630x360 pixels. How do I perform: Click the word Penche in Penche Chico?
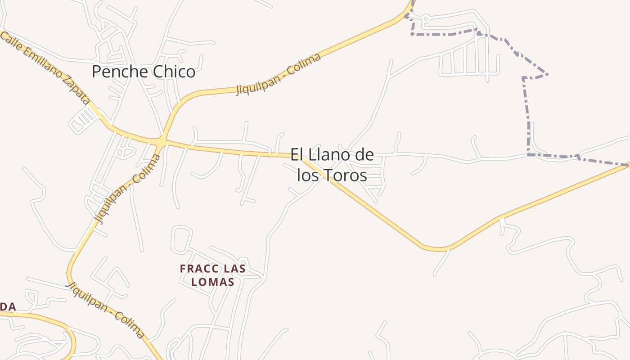(118, 72)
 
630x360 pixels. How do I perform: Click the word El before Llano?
(297, 155)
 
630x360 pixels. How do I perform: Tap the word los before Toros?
(308, 175)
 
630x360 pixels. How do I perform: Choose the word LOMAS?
(212, 282)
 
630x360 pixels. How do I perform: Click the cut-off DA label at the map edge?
(8, 307)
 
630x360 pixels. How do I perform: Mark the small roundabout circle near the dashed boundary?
(425, 18)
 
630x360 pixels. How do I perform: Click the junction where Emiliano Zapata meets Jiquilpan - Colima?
(160, 143)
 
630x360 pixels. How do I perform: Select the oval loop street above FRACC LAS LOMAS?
(181, 238)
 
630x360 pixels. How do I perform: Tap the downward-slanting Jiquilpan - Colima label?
(106, 310)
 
